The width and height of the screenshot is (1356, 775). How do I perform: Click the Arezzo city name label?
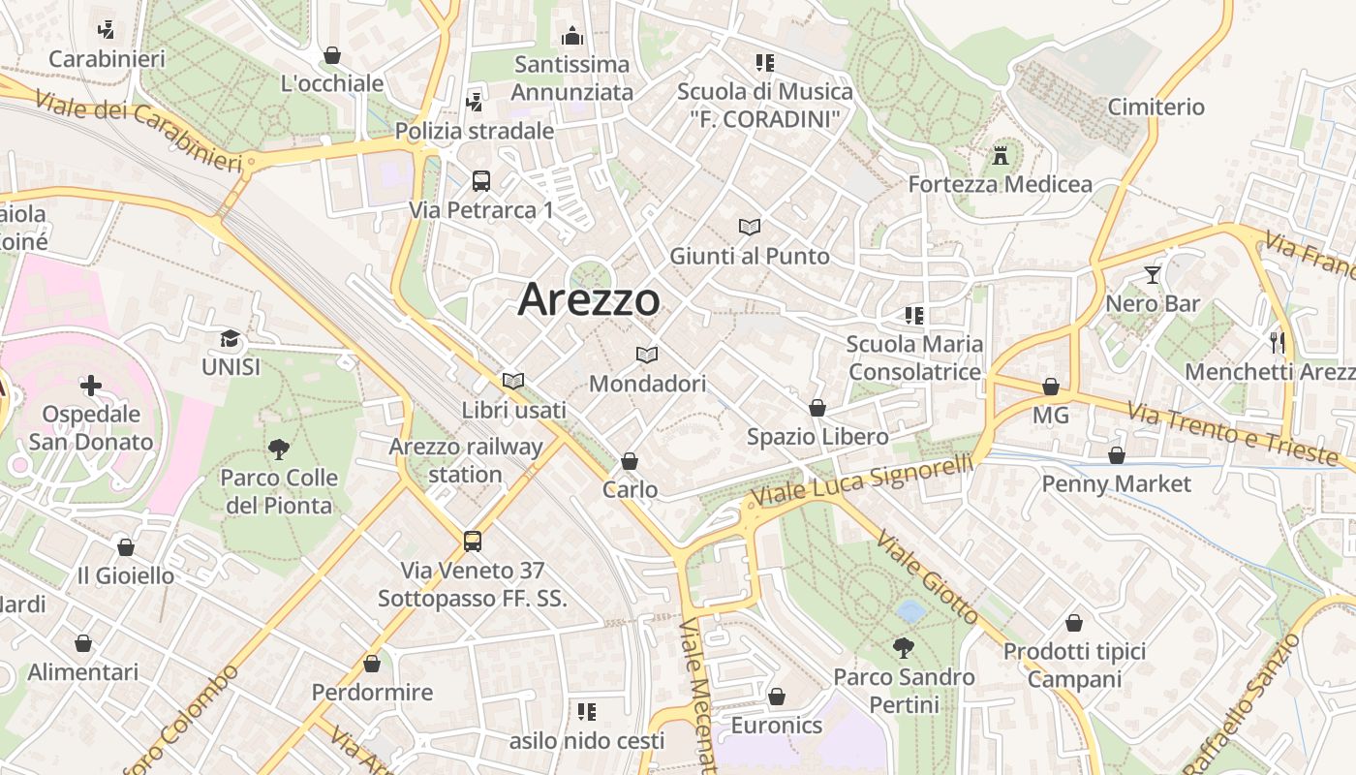point(589,299)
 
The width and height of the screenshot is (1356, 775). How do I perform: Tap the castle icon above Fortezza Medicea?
point(1001,154)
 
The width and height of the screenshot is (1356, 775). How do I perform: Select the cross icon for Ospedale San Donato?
point(91,386)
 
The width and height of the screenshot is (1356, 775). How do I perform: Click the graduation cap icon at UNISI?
point(230,338)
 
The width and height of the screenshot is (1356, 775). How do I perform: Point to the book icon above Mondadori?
point(647,355)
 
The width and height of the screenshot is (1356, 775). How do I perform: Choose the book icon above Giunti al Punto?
point(749,227)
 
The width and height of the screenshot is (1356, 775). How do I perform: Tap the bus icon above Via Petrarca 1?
point(481,180)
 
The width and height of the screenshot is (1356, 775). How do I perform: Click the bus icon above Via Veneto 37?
point(473,541)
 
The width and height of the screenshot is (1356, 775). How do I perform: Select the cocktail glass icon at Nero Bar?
point(1152,275)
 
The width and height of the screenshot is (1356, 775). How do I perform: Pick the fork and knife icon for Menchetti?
point(1277,341)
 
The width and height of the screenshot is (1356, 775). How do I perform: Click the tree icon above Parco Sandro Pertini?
point(904,647)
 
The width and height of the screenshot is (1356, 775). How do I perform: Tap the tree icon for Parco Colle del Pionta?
point(279,449)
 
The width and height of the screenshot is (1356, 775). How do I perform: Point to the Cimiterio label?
point(1156,107)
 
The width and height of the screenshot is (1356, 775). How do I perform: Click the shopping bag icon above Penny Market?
point(1117,454)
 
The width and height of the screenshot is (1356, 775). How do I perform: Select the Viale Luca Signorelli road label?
point(863,481)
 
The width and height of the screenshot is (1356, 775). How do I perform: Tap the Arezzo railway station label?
point(466,460)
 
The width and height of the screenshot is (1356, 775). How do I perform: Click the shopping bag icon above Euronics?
point(776,697)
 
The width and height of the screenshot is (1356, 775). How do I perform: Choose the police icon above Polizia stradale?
point(475,102)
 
